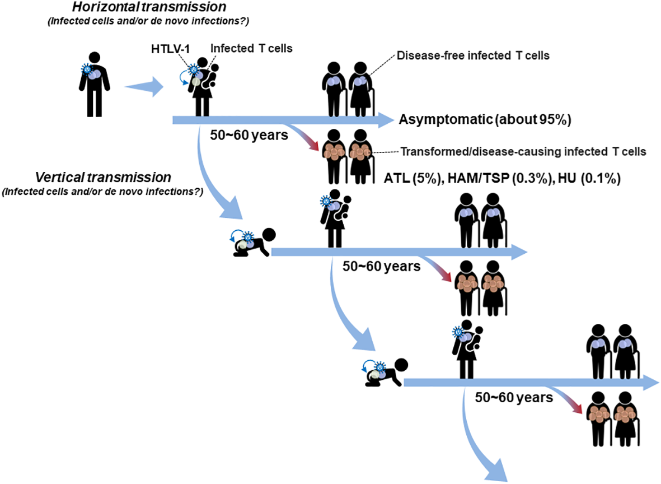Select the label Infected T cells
pyautogui.click(x=251, y=49)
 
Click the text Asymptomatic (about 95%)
pyautogui.click(x=484, y=120)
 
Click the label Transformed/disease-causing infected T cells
pyautogui.click(x=524, y=152)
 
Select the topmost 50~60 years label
pyautogui.click(x=249, y=135)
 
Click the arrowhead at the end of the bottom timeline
pyautogui.click(x=650, y=383)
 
